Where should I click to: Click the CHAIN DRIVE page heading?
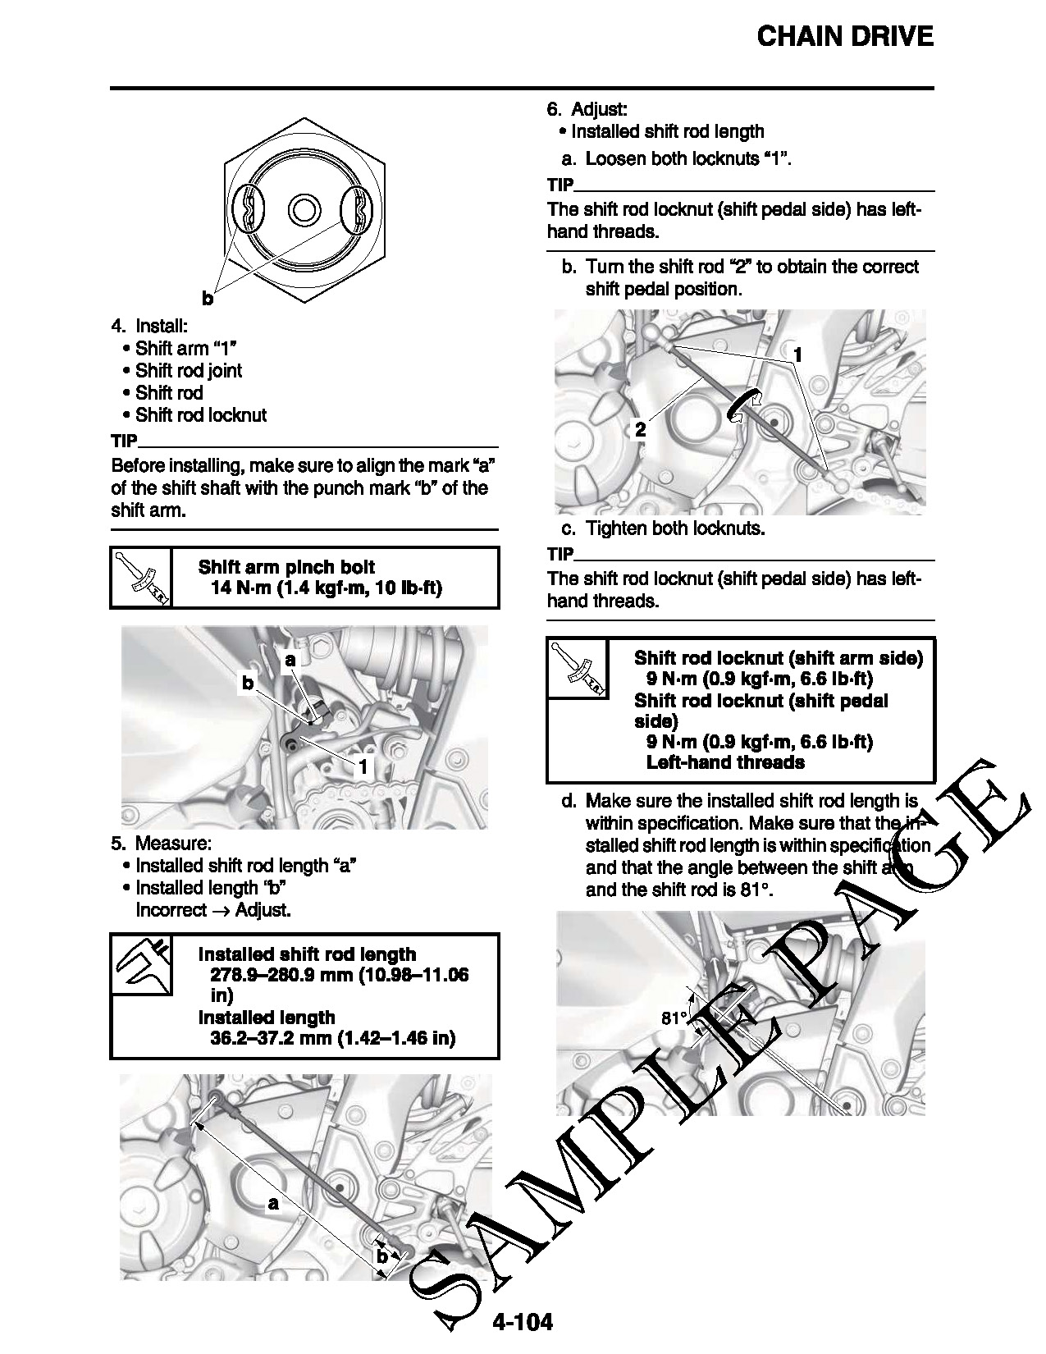(844, 37)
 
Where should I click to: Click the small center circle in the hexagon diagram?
(304, 208)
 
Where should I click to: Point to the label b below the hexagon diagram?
(208, 300)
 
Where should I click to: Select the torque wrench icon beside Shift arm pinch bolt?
(141, 578)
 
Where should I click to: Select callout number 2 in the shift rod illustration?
(640, 429)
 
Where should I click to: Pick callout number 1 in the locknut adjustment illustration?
(797, 355)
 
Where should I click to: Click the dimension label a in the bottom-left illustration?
(273, 1204)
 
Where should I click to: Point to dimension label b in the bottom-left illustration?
(381, 1256)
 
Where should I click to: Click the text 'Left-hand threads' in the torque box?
(725, 762)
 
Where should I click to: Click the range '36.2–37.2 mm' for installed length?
(272, 1038)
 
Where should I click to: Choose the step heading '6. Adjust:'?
(587, 109)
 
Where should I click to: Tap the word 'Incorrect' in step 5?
(171, 909)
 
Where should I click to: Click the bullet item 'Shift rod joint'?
(189, 371)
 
